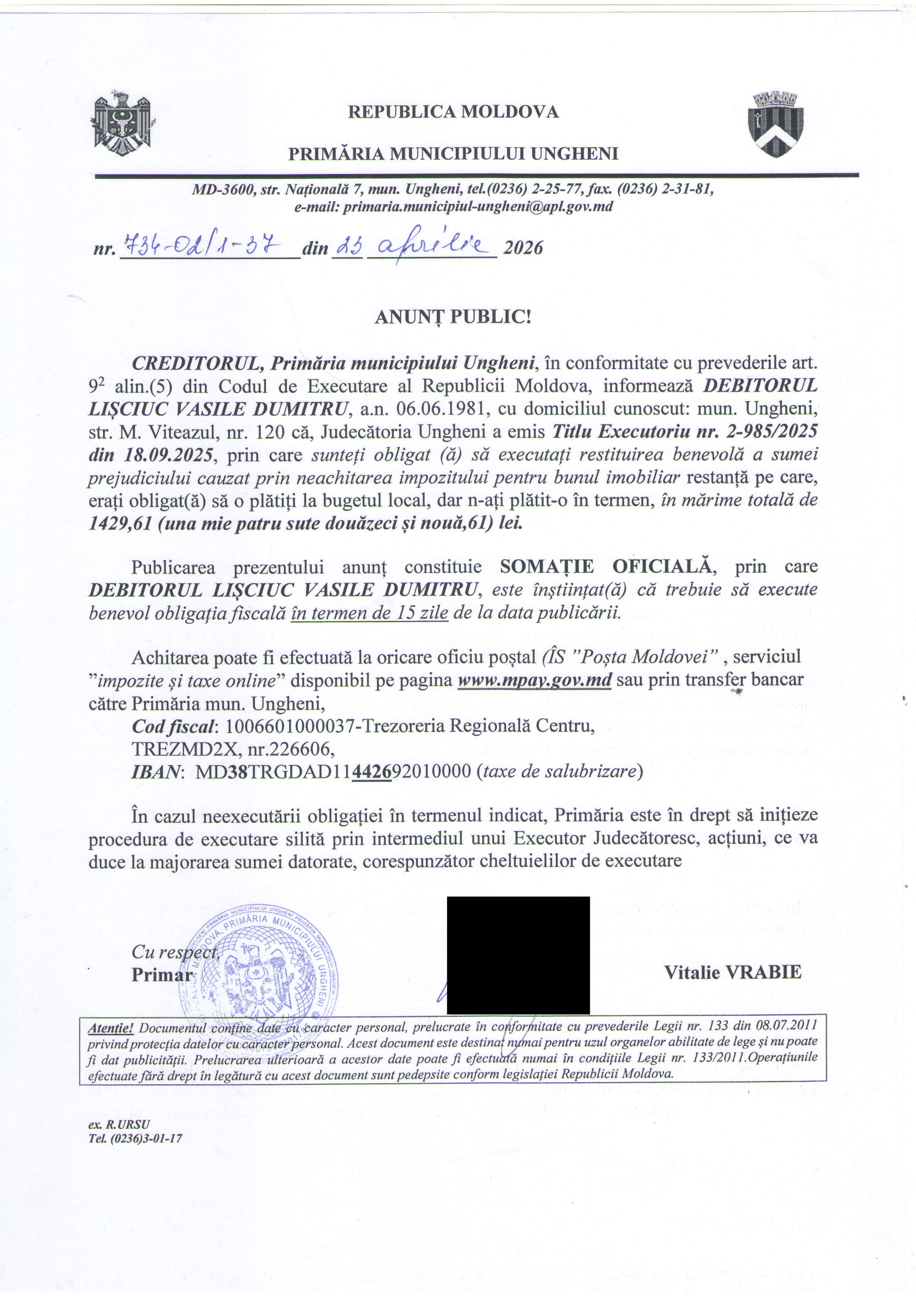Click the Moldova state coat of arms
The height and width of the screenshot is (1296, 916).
tap(123, 124)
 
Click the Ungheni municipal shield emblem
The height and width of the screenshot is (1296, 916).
tap(775, 124)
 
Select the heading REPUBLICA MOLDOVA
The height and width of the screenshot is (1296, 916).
tap(453, 112)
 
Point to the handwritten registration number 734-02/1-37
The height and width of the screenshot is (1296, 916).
tap(202, 245)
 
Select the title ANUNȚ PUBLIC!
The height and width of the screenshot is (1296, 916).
tap(453, 317)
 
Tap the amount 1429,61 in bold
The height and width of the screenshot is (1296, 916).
tap(120, 524)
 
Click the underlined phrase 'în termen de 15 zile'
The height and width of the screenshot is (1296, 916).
tap(369, 613)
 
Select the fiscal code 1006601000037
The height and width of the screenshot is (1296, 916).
tap(289, 726)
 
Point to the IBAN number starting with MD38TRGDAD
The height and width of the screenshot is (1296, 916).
tap(333, 772)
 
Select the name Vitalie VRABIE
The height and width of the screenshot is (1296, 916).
tap(732, 972)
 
